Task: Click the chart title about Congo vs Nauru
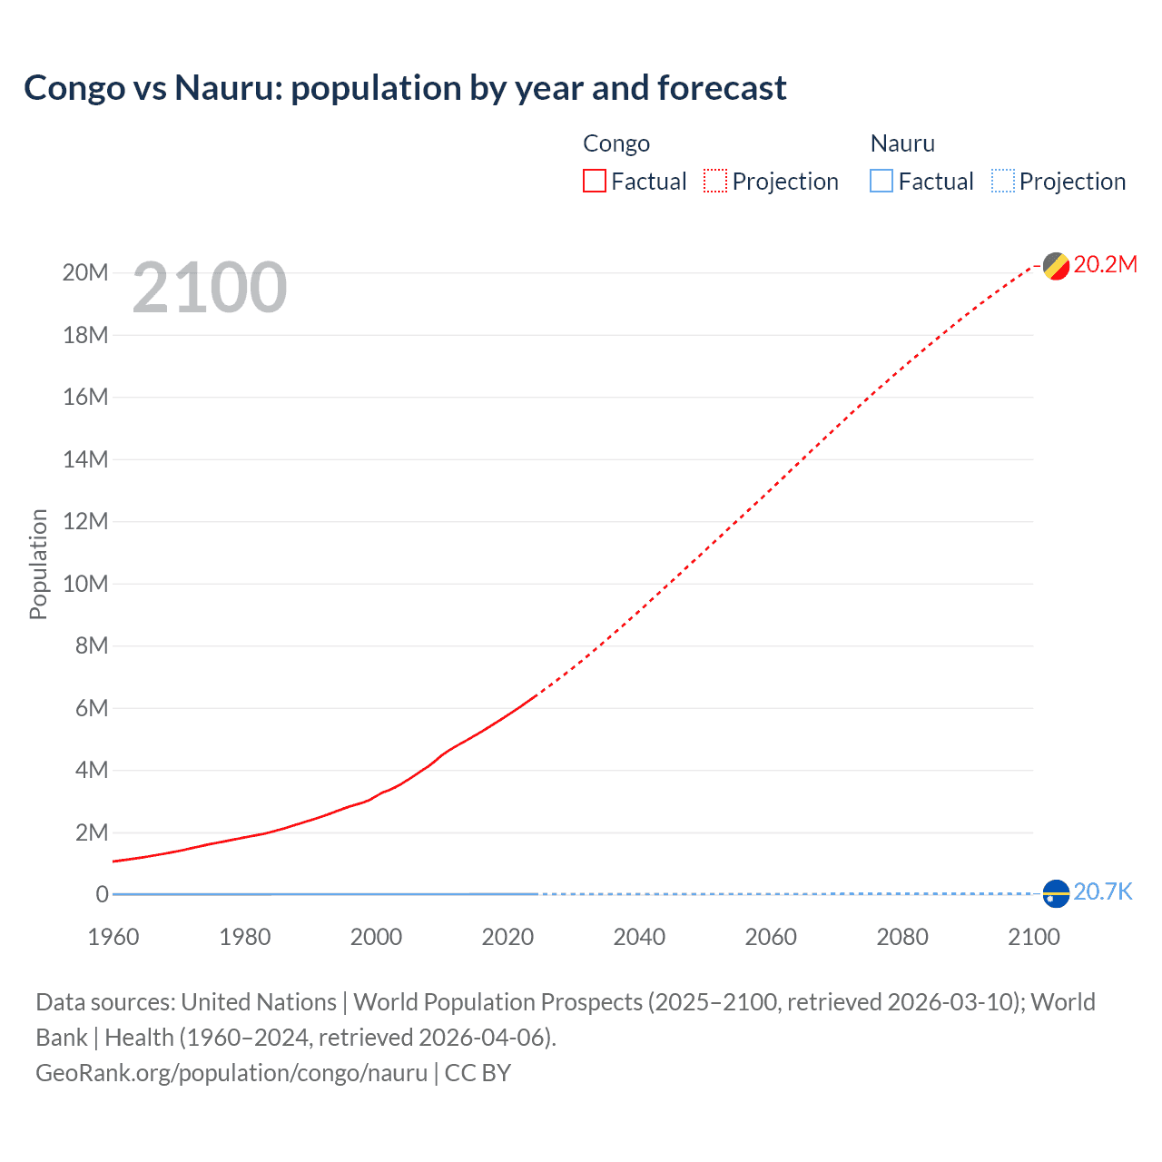point(405,88)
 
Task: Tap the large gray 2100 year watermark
point(210,288)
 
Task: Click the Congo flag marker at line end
point(1056,266)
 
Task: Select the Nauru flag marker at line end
point(1056,893)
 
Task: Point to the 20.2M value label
point(1105,264)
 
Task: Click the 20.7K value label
point(1102,891)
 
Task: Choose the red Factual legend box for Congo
point(595,182)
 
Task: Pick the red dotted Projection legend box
point(715,182)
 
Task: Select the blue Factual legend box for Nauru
point(881,182)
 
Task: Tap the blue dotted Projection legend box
point(1003,182)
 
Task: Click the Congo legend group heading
point(616,143)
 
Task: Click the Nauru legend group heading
point(902,143)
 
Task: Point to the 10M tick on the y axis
point(85,584)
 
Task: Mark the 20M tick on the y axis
point(85,272)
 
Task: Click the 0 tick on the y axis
point(102,894)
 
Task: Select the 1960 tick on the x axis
point(113,937)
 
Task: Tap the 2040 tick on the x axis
point(639,937)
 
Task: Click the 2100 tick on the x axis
point(1033,937)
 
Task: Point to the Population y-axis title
point(38,564)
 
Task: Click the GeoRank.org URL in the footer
point(231,1073)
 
